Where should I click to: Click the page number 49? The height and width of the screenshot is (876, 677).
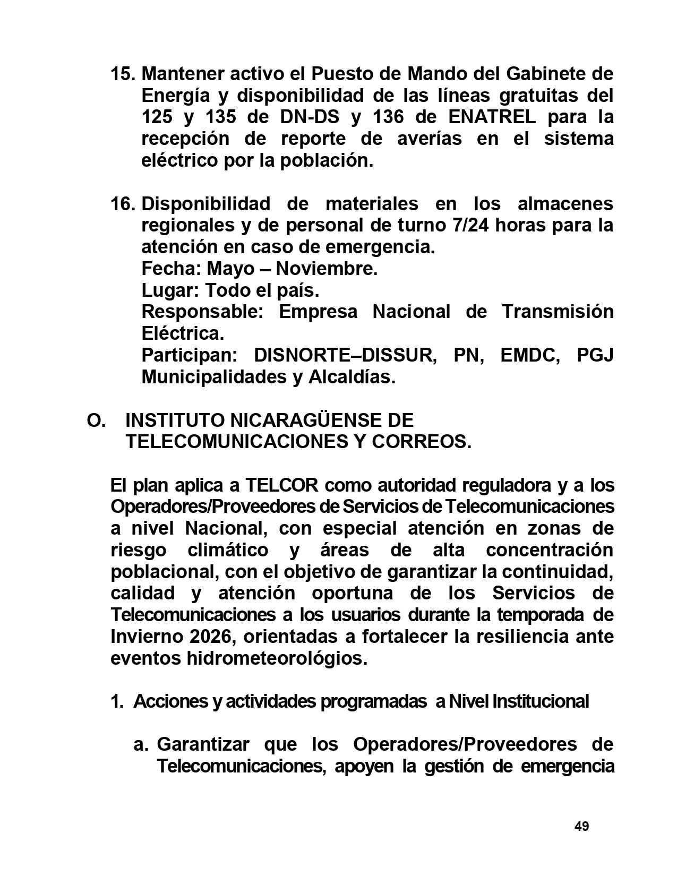pyautogui.click(x=581, y=827)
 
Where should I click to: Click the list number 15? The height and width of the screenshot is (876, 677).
pyautogui.click(x=123, y=73)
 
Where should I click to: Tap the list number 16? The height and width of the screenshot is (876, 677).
pyautogui.click(x=123, y=203)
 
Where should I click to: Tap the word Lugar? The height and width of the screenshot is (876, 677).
pyautogui.click(x=170, y=290)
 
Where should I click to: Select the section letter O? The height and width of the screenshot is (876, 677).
pyautogui.click(x=96, y=420)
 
